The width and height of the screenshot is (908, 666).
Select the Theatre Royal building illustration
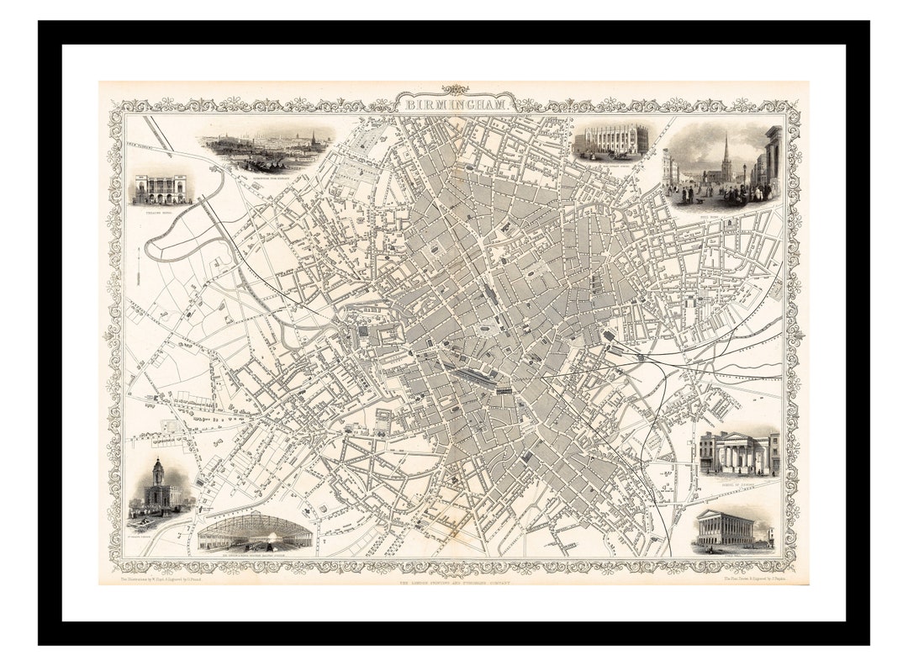(161, 189)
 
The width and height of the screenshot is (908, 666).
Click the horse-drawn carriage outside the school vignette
(620, 155)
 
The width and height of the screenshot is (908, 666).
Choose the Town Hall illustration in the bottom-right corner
(724, 529)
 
